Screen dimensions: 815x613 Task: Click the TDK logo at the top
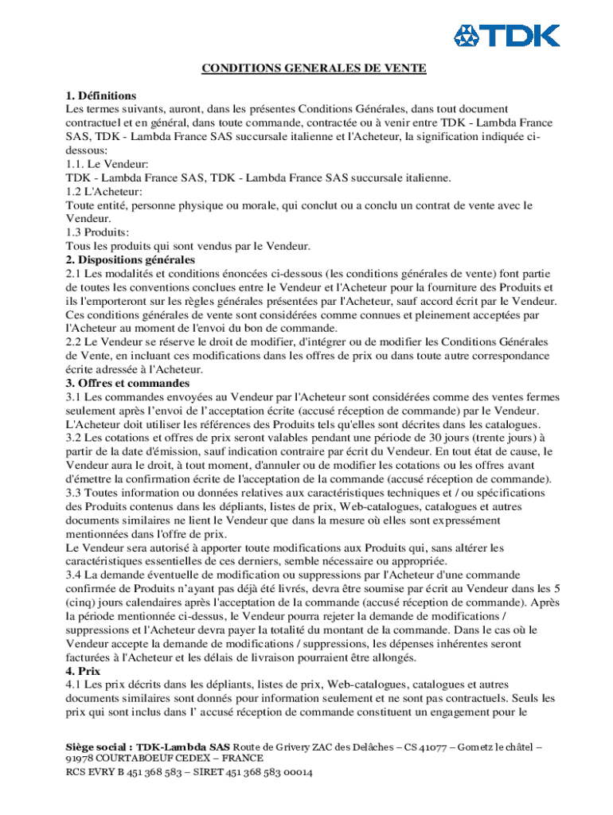pyautogui.click(x=506, y=36)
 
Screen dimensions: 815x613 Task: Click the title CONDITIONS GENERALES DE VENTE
pyautogui.click(x=314, y=68)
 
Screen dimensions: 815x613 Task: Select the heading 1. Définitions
pyautogui.click(x=101, y=96)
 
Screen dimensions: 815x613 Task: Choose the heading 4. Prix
pyautogui.click(x=80, y=670)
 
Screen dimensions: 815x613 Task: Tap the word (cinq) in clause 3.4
pyautogui.click(x=81, y=602)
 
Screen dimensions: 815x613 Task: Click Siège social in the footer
pyautogui.click(x=97, y=747)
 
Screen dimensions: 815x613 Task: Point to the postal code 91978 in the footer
pyautogui.click(x=80, y=759)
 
